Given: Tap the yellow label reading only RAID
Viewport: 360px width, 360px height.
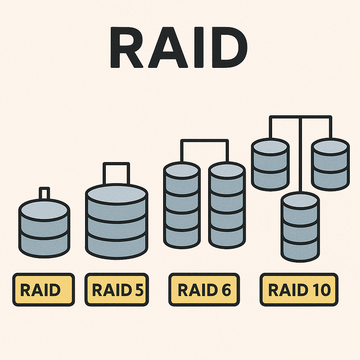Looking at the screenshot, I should [44, 290].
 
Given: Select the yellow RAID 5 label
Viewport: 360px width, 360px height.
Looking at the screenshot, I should [117, 290].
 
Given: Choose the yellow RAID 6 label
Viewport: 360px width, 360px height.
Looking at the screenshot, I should [204, 290].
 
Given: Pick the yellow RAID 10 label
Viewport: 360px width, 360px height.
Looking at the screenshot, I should [299, 290].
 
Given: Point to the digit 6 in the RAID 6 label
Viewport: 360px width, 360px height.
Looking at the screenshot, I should [226, 290].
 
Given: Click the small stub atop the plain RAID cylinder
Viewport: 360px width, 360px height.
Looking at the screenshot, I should [44, 193].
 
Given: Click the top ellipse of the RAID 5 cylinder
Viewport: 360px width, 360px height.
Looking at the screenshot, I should [116, 193].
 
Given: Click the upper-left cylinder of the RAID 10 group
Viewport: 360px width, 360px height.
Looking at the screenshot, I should [270, 164].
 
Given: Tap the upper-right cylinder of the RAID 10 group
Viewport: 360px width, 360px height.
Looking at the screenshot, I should [330, 164].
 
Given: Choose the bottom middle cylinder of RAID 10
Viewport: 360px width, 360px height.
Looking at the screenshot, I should [300, 227].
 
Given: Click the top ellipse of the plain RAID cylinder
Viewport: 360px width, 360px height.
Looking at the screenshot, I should [44, 209].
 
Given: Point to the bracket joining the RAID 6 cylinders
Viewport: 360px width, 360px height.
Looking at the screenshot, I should [204, 140].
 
